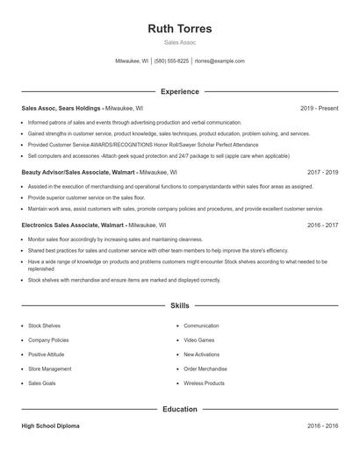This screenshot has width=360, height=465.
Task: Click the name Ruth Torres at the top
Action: (180, 28)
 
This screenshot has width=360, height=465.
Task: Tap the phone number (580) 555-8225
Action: (171, 61)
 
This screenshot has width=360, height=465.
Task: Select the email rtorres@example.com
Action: (220, 61)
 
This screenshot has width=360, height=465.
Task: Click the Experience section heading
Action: (180, 91)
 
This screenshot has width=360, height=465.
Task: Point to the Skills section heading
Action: (180, 306)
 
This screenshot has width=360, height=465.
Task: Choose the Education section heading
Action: (180, 409)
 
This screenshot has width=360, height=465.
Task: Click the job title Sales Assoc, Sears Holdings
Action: (61, 108)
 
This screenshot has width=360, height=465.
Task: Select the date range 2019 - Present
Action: (319, 108)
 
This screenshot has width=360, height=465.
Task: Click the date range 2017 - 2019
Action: (322, 173)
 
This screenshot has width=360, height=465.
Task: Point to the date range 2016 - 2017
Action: (322, 225)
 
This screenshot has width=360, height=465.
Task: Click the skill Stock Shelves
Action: (44, 325)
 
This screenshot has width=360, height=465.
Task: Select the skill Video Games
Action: (198, 340)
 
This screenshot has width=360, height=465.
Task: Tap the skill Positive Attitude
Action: (47, 354)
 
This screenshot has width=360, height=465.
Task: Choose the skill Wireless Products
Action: (204, 383)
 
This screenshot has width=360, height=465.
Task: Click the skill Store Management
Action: (49, 368)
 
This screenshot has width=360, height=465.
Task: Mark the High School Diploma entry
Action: (50, 426)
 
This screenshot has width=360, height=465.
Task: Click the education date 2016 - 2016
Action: (322, 426)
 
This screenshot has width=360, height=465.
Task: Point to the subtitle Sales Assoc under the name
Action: (180, 42)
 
